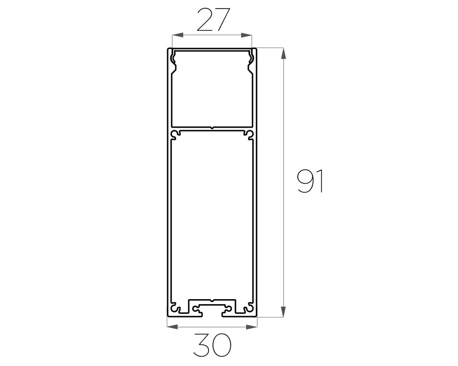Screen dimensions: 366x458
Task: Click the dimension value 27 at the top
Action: (x=212, y=22)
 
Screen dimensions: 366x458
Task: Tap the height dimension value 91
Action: (x=311, y=181)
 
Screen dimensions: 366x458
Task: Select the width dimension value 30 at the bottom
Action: (x=212, y=345)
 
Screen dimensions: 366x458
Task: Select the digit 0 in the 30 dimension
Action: (x=220, y=345)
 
